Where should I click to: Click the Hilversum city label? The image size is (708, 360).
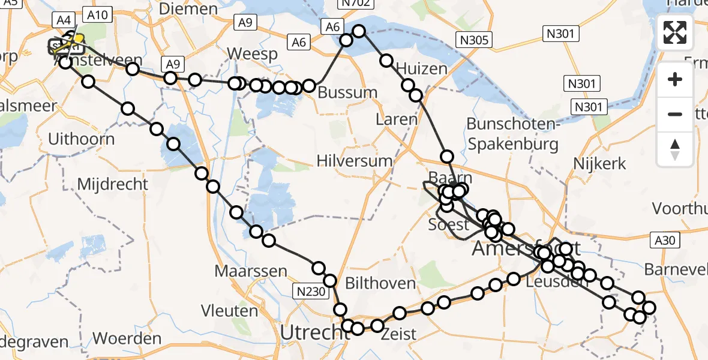pyautogui.click(x=355, y=161)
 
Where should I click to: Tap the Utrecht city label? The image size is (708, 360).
pyautogui.click(x=308, y=332)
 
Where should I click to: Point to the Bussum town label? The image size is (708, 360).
pyautogui.click(x=347, y=93)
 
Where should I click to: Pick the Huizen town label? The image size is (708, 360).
pyautogui.click(x=422, y=68)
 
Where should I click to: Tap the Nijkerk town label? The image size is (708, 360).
pyautogui.click(x=599, y=163)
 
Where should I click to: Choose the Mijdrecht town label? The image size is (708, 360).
pyautogui.click(x=112, y=183)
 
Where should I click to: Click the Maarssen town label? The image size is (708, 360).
pyautogui.click(x=251, y=271)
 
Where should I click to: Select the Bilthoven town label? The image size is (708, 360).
pyautogui.click(x=380, y=283)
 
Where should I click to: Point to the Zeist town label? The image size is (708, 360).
pyautogui.click(x=398, y=334)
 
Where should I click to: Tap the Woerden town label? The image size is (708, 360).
pyautogui.click(x=128, y=338)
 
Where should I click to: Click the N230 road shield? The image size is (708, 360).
pyautogui.click(x=311, y=292)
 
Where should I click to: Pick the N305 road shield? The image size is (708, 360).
pyautogui.click(x=474, y=40)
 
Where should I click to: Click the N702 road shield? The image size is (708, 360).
pyautogui.click(x=353, y=4)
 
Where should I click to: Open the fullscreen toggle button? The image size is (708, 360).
pyautogui.click(x=675, y=32)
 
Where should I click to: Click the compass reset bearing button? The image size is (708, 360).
pyautogui.click(x=675, y=149)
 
